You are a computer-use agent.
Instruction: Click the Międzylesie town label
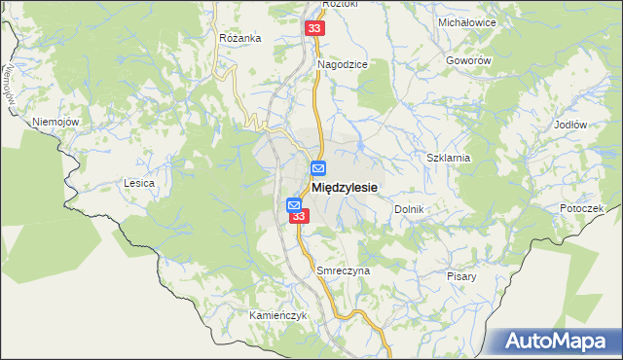point(345,186)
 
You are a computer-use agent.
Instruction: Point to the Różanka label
point(240,38)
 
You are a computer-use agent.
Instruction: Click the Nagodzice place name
point(342,64)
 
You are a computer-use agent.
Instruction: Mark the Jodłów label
point(569,125)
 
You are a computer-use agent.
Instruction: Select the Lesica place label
point(139,182)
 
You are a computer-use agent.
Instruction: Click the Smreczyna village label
point(344,270)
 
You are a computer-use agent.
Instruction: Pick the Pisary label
point(462,276)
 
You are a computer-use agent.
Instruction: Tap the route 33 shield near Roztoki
point(313,29)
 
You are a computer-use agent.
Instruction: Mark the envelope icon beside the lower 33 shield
point(294,205)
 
